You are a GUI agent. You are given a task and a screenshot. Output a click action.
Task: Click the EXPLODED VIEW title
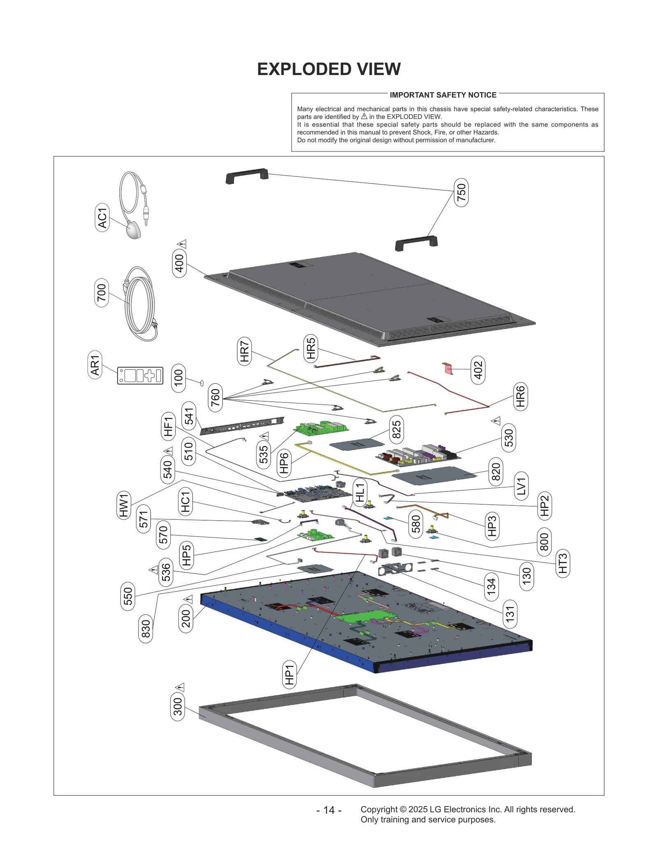click(x=329, y=69)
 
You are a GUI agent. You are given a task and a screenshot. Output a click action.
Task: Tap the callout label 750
click(x=461, y=192)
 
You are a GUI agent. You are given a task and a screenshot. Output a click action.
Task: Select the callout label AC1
click(x=102, y=218)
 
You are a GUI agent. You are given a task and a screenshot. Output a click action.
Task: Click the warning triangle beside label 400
click(x=182, y=244)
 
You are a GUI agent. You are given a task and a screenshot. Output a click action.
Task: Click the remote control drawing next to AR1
click(x=140, y=375)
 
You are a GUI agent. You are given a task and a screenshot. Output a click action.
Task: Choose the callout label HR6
click(x=520, y=396)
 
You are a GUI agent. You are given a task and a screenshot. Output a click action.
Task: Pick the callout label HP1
click(x=290, y=674)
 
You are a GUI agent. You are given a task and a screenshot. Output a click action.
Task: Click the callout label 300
click(x=177, y=706)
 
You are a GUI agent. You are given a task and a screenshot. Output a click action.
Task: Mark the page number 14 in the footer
click(x=329, y=810)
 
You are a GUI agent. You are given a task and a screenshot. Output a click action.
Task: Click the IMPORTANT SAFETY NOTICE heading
click(x=443, y=95)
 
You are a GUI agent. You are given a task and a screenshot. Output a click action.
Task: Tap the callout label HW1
click(x=124, y=505)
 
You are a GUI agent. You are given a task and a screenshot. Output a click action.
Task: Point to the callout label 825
click(x=396, y=430)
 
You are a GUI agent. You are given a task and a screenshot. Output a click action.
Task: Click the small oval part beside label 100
click(x=202, y=383)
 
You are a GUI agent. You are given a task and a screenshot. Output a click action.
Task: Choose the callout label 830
click(x=146, y=628)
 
